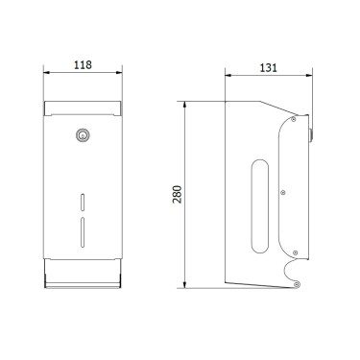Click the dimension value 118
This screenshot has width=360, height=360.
click(x=84, y=66)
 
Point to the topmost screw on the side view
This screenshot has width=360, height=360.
click(x=294, y=121)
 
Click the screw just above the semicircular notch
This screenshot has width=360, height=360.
click(x=294, y=252)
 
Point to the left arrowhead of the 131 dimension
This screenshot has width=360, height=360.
click(x=227, y=76)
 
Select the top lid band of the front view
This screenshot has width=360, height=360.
click(x=84, y=107)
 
